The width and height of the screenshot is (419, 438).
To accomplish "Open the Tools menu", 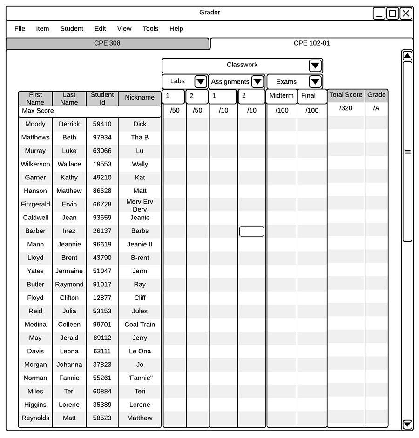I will (x=150, y=29).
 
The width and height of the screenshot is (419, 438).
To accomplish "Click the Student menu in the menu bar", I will (x=72, y=29).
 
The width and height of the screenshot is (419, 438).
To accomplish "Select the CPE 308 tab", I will (x=108, y=43).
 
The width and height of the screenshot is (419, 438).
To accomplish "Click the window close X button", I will (x=406, y=13).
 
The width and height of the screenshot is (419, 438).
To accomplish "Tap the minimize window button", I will (x=379, y=13).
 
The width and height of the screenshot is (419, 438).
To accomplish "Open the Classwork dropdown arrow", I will (x=315, y=66).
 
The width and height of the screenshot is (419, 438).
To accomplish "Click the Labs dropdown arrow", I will (x=201, y=82).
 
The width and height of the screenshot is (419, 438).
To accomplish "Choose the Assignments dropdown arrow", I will (x=257, y=82).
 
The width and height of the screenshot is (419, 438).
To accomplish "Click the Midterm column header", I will (x=282, y=96).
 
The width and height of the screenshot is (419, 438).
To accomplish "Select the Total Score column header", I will (x=346, y=95).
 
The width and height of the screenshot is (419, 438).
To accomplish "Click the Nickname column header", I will (x=140, y=98).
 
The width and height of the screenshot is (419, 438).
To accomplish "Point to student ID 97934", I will (x=102, y=138).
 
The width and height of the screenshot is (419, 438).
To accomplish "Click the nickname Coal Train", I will (x=140, y=325).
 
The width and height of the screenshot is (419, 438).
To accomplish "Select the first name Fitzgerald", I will (x=35, y=204).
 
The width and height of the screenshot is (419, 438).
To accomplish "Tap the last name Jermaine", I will (x=69, y=271).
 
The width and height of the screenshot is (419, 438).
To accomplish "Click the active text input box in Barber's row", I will (x=252, y=232).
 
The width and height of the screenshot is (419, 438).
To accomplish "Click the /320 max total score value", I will (x=346, y=108).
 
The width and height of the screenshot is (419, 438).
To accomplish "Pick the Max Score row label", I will (x=38, y=111).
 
